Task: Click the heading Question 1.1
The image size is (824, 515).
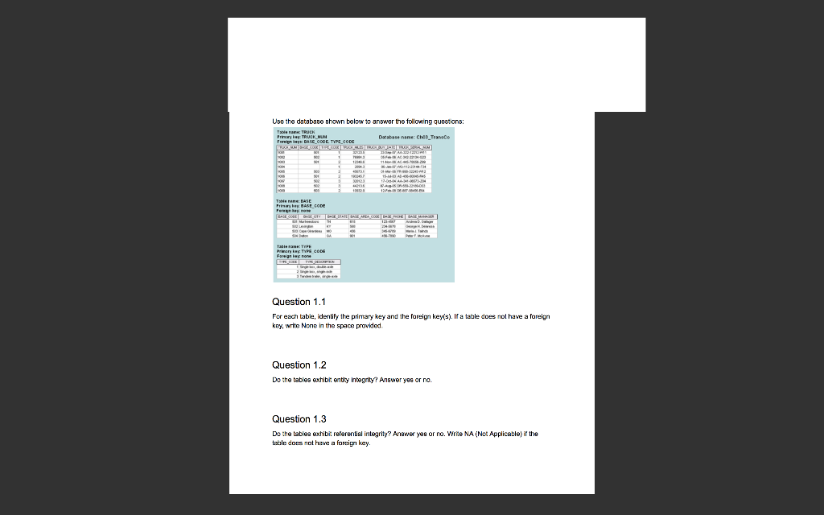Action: (x=299, y=302)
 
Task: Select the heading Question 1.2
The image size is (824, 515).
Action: (x=299, y=365)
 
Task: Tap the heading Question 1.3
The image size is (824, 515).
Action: (x=299, y=419)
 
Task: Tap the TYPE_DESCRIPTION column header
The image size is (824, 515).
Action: (x=321, y=262)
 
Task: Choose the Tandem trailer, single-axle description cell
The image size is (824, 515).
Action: (x=321, y=276)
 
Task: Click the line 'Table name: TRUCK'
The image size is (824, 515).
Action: (x=295, y=131)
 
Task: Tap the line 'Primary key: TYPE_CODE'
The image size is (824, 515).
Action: (x=302, y=251)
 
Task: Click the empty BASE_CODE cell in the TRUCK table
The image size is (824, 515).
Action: (x=288, y=167)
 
